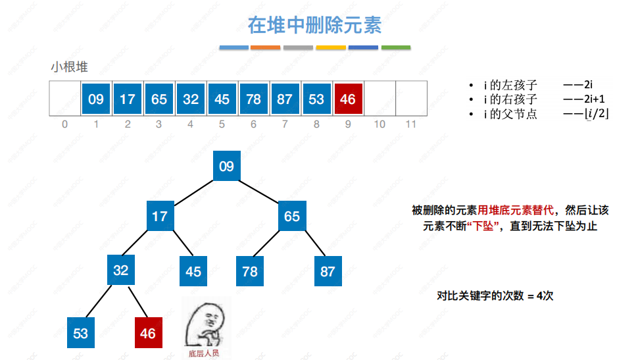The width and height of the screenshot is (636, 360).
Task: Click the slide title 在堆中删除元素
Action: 314,25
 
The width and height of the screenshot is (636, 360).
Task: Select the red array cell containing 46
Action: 347,99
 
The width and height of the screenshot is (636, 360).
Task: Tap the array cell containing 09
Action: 96,99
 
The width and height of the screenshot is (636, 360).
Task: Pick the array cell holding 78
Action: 253,99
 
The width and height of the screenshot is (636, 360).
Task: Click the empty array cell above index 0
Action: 64,99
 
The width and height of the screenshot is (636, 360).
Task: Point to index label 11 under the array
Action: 411,124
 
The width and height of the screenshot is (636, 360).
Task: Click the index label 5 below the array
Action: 222,124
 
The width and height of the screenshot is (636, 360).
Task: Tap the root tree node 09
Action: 226,166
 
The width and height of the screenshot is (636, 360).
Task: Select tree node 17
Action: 160,216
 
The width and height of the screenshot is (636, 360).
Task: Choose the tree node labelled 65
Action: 292,216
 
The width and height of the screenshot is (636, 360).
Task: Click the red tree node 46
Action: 148,333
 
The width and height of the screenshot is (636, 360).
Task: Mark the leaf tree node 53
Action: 81,333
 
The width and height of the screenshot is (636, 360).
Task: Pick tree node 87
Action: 328,270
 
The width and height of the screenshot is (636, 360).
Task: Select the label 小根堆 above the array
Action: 70,67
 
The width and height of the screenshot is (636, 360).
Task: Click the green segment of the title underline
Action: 396,47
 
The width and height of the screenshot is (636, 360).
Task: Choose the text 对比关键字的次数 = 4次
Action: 495,296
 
